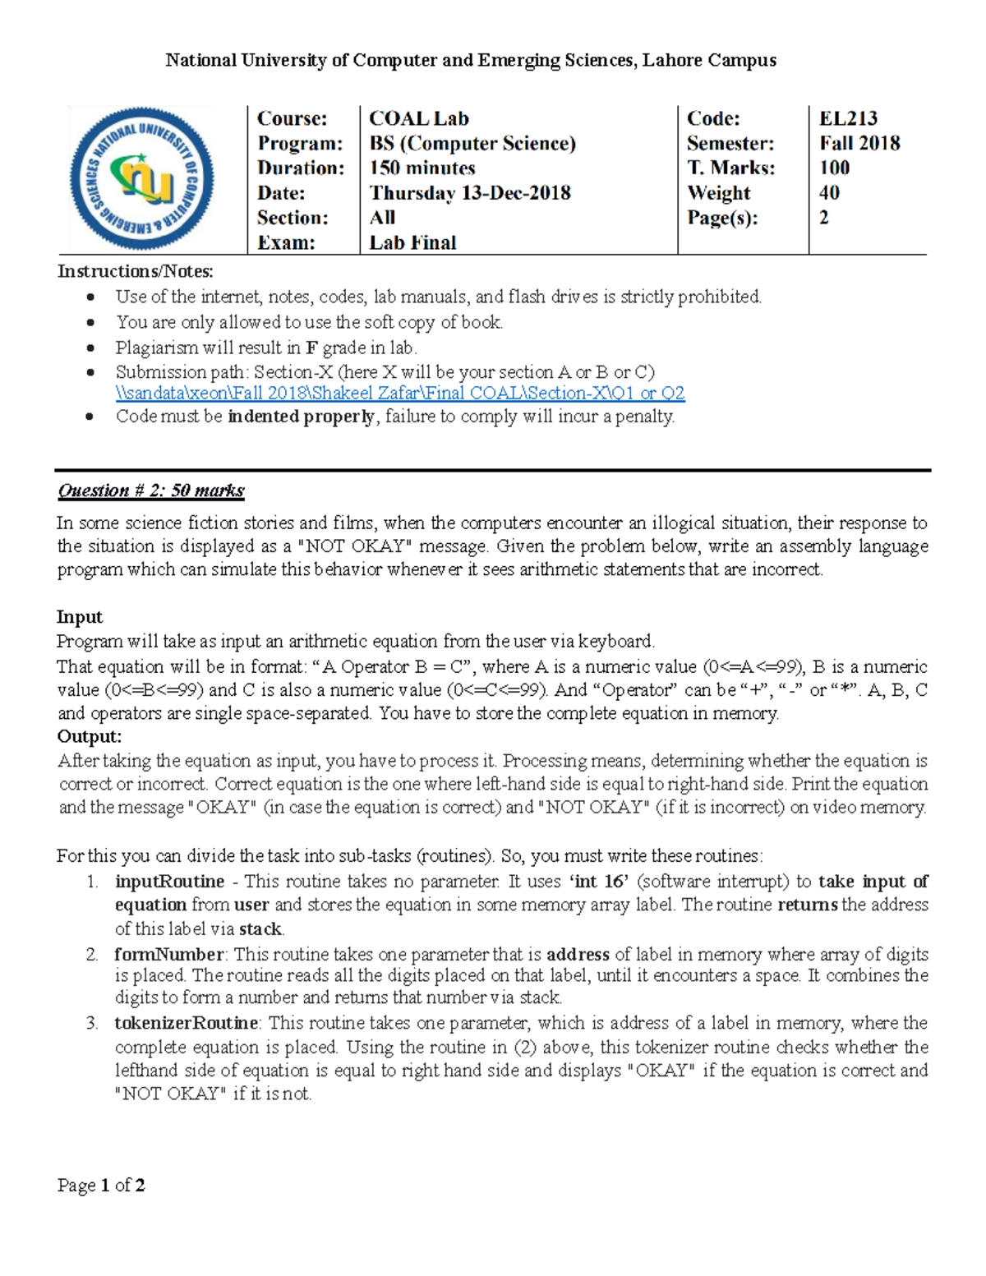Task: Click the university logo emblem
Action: pos(141,178)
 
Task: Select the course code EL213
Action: pos(848,118)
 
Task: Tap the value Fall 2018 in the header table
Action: pos(859,143)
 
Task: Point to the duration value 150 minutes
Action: pos(422,168)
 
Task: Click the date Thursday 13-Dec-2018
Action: pos(470,193)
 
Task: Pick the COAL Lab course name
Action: pos(419,118)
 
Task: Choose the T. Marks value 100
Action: pos(834,168)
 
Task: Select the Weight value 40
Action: pos(829,193)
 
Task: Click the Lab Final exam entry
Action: pos(412,242)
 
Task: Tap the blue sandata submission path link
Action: pos(400,393)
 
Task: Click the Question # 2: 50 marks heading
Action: pos(151,491)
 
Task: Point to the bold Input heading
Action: pos(80,617)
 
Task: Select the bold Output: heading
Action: pos(90,736)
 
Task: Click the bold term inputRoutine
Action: pos(169,882)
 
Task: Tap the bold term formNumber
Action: pos(168,954)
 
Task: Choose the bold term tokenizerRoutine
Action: pos(187,1023)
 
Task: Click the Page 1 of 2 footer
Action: pos(101,1185)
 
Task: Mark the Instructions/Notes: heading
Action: pos(136,271)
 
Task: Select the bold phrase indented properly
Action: pos(301,417)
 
